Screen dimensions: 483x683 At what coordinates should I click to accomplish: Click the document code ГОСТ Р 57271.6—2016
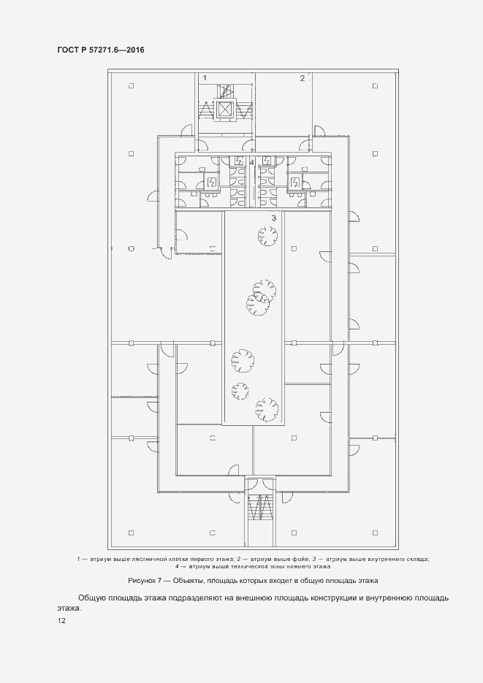click(x=101, y=50)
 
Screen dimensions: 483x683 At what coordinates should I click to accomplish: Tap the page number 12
click(x=61, y=621)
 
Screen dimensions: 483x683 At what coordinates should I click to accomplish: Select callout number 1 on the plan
click(x=205, y=78)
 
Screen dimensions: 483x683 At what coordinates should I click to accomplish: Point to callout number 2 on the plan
click(x=303, y=78)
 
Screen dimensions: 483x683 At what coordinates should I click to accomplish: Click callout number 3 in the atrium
click(x=273, y=218)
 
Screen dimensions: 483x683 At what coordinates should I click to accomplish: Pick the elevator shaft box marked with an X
click(x=224, y=110)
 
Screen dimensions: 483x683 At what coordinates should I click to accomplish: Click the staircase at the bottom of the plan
click(x=260, y=507)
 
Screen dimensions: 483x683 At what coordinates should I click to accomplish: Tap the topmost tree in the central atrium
click(x=267, y=237)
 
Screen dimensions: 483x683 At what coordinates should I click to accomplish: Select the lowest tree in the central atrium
click(x=267, y=410)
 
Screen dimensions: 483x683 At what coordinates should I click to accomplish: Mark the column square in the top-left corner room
click(x=131, y=86)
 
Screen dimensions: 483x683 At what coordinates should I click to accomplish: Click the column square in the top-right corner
click(x=375, y=86)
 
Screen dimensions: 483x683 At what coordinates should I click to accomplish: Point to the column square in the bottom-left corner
click(x=131, y=533)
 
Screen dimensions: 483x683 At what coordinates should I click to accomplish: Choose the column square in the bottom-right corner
click(x=375, y=533)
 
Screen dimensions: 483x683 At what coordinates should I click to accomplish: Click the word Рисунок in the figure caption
click(x=142, y=581)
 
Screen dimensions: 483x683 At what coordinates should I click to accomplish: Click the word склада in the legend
click(x=417, y=559)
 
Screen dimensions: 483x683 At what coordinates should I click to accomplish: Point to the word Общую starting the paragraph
click(x=91, y=598)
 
